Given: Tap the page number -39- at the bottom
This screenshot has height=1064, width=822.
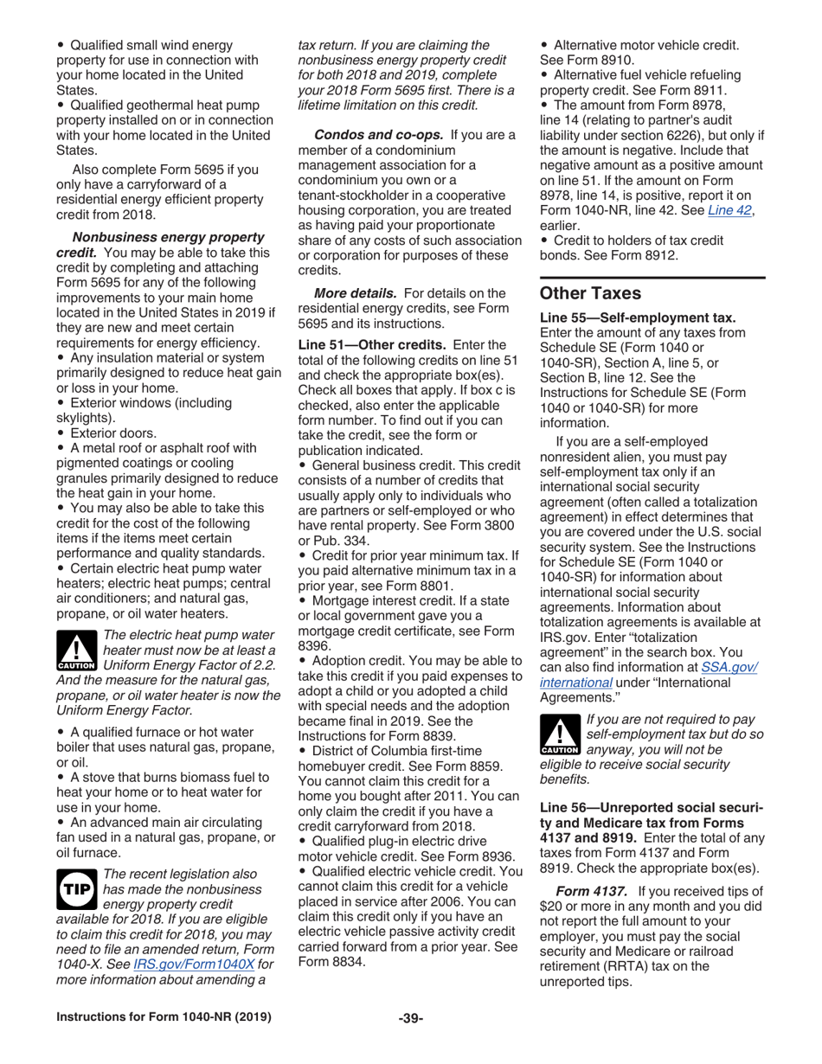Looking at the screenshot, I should click(410, 1040).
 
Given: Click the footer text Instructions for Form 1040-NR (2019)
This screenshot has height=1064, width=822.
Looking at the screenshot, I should click(164, 1040).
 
